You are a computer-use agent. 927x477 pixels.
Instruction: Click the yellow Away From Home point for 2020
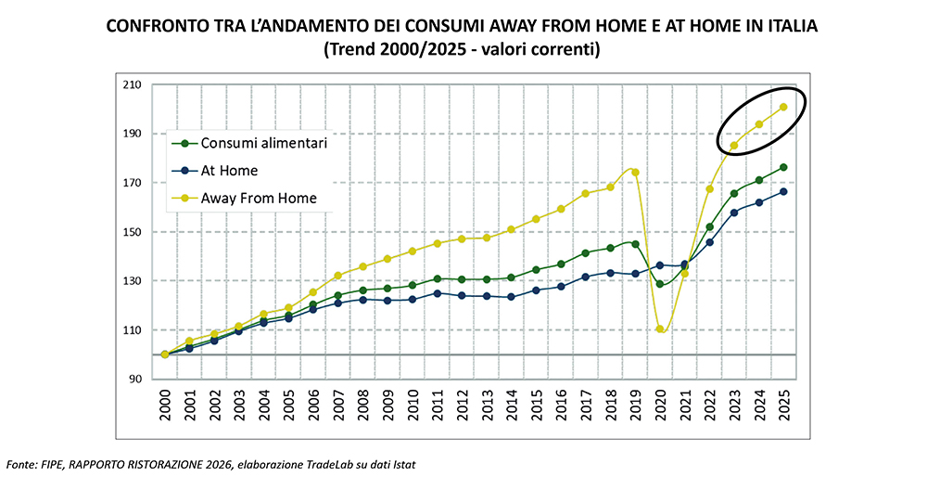point(660,329)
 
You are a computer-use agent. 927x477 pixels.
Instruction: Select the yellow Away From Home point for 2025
point(783,107)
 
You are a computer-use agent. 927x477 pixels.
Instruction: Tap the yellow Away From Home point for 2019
point(636,173)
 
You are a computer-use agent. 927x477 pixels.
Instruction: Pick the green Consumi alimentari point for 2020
point(660,284)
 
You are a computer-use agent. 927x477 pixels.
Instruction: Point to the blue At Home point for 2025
point(783,192)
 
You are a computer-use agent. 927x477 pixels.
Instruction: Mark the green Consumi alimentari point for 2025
point(783,167)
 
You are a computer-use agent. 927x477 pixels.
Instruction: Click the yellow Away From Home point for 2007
point(338,276)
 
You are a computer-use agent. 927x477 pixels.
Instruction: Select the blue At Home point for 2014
point(512,296)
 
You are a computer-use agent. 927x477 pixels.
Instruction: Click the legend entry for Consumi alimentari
point(249,143)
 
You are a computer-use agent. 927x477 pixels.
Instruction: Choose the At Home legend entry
point(215,171)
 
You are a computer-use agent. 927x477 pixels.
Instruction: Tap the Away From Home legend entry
point(244,199)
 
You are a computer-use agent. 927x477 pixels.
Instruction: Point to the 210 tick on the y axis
point(132,84)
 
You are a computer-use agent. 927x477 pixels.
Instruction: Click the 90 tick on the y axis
point(134,379)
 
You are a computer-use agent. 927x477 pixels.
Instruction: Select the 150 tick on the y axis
point(132,231)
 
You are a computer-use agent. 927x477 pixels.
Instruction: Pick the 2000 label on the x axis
point(165,406)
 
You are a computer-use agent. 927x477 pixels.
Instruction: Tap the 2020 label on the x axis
point(660,406)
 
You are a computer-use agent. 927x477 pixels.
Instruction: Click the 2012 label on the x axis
point(462,406)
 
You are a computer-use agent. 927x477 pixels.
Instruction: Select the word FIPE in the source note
point(44,465)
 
